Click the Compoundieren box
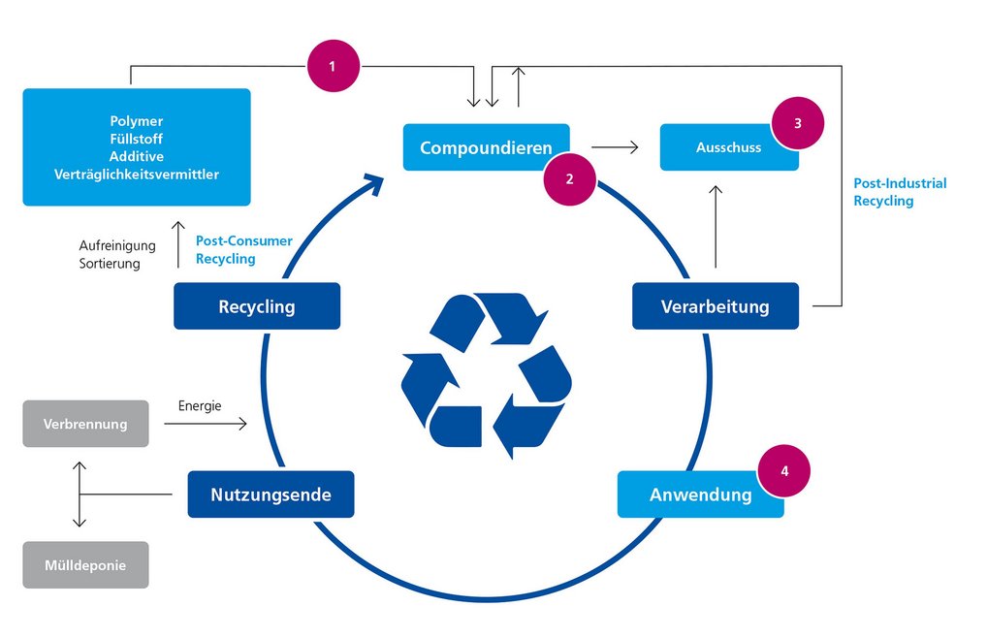pos(485,147)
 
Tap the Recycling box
pos(257,306)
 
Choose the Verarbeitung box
pos(715,306)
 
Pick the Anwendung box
pos(700,494)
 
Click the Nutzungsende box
pos(271,494)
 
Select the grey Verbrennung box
pos(85,424)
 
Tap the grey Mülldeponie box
pos(85,564)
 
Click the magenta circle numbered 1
pos(333,66)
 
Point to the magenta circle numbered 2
pos(569,178)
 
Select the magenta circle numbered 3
pos(797,123)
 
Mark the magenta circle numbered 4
pos(783,470)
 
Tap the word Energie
pos(200,406)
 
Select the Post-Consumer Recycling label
pos(243,250)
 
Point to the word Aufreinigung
pos(117,246)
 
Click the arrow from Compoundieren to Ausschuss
pos(615,147)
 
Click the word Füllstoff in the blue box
pos(136,139)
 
